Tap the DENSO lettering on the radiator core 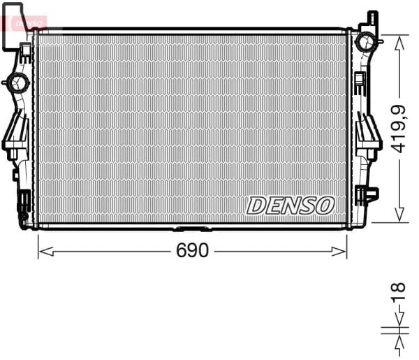(291, 205)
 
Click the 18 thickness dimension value (398, 291)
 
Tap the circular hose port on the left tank (17, 83)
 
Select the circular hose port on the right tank (365, 42)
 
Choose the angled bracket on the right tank (367, 136)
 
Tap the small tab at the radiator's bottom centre (191, 229)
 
